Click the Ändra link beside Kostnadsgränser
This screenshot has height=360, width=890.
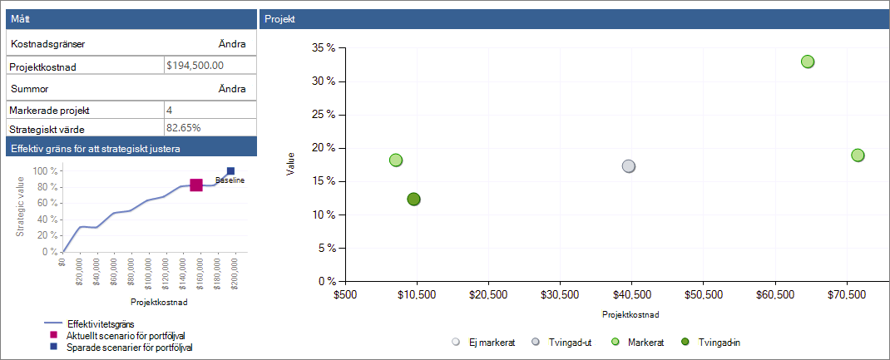tap(232, 44)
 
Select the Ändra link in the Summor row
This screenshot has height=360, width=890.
tap(232, 89)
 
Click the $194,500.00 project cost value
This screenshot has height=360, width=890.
tap(195, 65)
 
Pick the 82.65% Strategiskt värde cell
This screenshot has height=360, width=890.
tap(183, 127)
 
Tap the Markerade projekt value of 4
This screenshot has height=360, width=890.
tap(169, 110)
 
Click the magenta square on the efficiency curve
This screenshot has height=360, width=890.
tap(196, 185)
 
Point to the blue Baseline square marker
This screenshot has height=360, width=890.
tap(230, 171)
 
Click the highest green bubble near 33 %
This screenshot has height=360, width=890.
tap(808, 62)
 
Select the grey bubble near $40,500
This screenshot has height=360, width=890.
tap(628, 166)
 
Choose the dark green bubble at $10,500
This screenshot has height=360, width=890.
tap(413, 199)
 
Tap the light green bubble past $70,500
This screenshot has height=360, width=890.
tap(858, 155)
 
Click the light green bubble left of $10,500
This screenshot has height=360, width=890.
tap(396, 160)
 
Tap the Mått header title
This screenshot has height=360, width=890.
tap(21, 20)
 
